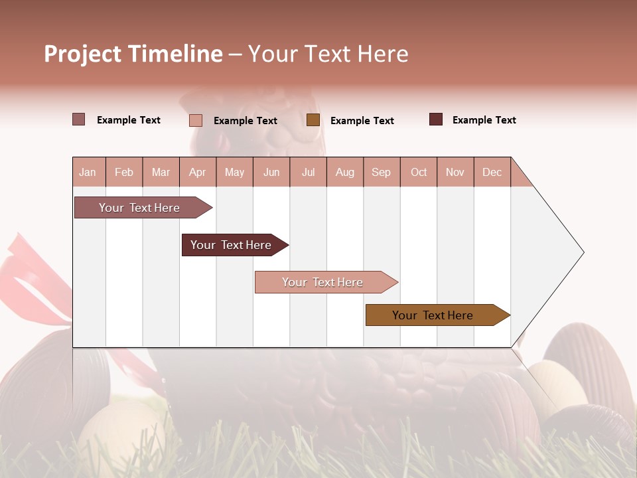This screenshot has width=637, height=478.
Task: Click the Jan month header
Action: (88, 172)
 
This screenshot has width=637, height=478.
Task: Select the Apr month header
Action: (197, 172)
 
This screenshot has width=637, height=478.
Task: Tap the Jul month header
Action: (308, 172)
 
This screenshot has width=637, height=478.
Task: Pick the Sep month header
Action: (381, 172)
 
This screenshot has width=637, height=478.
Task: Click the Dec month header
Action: (492, 172)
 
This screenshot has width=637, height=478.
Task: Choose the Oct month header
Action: (419, 172)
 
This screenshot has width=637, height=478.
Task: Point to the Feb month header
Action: (124, 172)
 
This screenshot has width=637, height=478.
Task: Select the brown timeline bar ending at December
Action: (435, 315)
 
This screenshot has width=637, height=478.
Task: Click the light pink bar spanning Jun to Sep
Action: (324, 282)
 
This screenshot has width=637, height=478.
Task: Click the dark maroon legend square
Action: (436, 119)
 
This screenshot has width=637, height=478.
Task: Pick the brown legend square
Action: (313, 120)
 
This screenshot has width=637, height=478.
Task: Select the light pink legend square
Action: (196, 120)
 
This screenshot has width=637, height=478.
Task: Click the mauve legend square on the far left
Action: (79, 119)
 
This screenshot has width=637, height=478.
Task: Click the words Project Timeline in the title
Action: (133, 54)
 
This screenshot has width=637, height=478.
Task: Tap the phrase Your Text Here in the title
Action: (328, 54)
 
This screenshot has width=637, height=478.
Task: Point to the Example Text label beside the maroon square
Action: (484, 120)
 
